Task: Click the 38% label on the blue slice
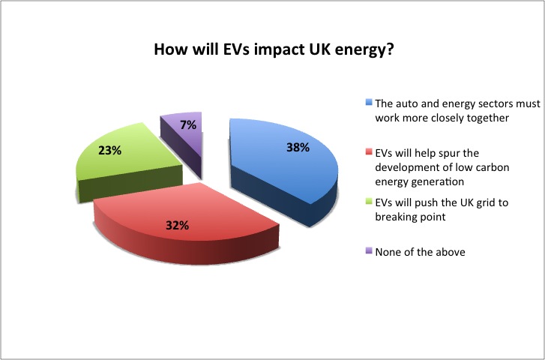pos(298,148)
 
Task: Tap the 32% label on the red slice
pos(177,226)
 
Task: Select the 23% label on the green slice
pos(110,151)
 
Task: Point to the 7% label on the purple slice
pos(188,124)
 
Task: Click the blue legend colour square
pos(369,102)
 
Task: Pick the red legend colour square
pos(369,152)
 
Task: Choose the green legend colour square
pos(369,202)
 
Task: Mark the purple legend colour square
pos(369,250)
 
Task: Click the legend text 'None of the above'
pos(421,252)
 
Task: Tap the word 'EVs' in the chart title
pos(236,49)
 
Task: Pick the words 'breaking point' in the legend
pos(411,217)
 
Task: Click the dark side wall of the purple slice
pos(181,147)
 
